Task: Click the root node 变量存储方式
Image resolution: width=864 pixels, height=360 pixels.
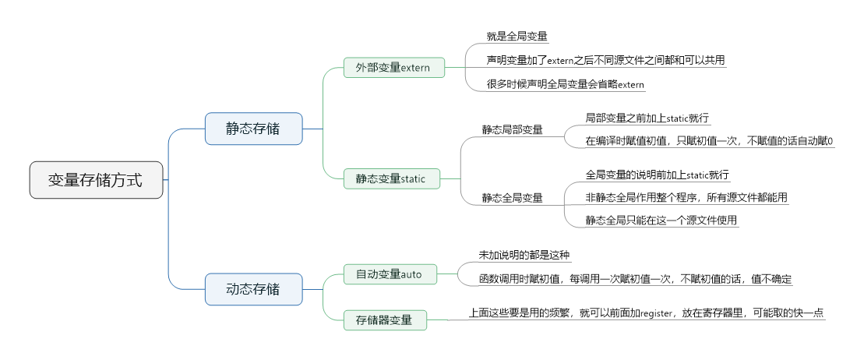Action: pyautogui.click(x=96, y=180)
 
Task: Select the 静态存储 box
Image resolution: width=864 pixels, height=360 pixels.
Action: pyautogui.click(x=253, y=129)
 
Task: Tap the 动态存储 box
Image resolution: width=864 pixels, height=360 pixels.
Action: pyautogui.click(x=253, y=289)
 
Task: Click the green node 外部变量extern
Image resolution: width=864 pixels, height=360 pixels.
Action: pyautogui.click(x=393, y=68)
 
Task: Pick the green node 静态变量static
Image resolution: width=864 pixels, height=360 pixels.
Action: pyautogui.click(x=391, y=178)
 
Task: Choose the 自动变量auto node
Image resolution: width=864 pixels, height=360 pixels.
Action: pyautogui.click(x=389, y=274)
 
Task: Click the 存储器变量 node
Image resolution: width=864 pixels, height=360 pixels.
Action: pyautogui.click(x=385, y=319)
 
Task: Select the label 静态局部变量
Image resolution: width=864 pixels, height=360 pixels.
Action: pyautogui.click(x=513, y=129)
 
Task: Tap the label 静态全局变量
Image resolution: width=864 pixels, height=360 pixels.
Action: pyautogui.click(x=513, y=198)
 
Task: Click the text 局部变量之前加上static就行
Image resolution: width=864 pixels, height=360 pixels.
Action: pyautogui.click(x=647, y=118)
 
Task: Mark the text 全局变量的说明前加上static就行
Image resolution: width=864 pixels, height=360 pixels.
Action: pyautogui.click(x=657, y=175)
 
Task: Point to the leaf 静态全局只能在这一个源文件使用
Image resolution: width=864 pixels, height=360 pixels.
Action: pyautogui.click(x=661, y=221)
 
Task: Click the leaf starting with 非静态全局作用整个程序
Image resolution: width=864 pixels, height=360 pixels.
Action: pyautogui.click(x=686, y=198)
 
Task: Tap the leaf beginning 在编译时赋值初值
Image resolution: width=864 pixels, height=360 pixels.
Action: pyautogui.click(x=709, y=141)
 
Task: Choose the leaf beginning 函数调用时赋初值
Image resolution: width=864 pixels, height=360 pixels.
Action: pyautogui.click(x=635, y=278)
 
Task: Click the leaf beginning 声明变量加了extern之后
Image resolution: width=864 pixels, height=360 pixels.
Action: pyautogui.click(x=605, y=60)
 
